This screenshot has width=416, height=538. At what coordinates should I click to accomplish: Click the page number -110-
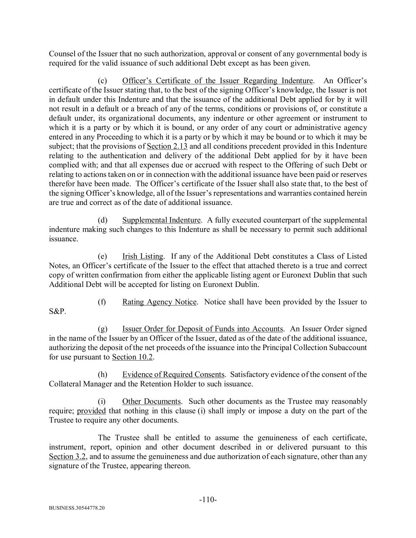point(208,500)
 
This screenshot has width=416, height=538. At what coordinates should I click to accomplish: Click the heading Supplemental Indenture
point(161,220)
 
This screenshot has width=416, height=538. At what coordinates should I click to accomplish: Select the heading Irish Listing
point(142,256)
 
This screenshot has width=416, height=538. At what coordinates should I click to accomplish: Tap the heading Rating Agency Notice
point(159,302)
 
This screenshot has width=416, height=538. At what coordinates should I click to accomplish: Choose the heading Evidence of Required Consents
point(173,374)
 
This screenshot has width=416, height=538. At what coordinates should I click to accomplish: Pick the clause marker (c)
point(102,80)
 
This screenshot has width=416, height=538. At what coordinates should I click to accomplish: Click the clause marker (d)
point(102,220)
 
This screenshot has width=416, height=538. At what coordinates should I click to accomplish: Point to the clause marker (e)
point(102,256)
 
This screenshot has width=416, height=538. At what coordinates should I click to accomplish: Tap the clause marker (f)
point(102,302)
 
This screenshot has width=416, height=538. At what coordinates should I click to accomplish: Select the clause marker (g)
point(102,329)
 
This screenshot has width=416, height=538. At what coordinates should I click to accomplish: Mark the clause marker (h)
point(102,374)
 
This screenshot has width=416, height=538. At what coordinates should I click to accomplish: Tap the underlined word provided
point(91,411)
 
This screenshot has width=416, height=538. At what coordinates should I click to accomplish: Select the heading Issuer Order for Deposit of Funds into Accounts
point(202,329)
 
